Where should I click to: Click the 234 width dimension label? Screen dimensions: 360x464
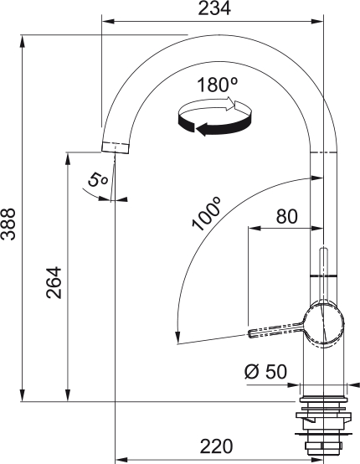tap(213, 8)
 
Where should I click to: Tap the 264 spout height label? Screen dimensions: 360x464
tap(54, 282)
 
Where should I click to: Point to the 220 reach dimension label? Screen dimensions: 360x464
tap(216, 446)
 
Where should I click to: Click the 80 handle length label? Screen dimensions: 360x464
tap(286, 216)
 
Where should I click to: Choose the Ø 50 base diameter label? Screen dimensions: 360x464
tap(265, 371)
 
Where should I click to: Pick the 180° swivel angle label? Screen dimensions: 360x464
tap(218, 85)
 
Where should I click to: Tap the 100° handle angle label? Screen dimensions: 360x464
tap(206, 214)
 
